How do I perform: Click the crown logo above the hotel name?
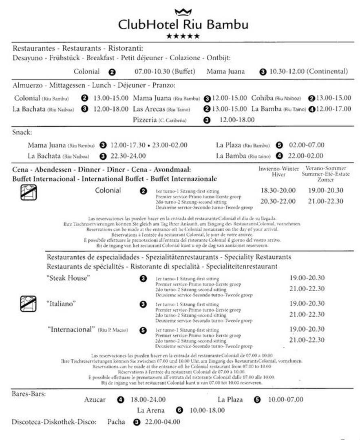(183, 11)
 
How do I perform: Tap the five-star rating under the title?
(183, 36)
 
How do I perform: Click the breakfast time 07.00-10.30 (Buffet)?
(165, 71)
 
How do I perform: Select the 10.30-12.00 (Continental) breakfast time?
(309, 71)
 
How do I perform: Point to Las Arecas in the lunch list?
(149, 109)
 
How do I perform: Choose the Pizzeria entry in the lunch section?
(145, 120)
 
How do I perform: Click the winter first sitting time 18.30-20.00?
(278, 190)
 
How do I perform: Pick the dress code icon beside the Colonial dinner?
(28, 192)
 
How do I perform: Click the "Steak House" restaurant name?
(68, 278)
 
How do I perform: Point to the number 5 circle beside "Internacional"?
(143, 330)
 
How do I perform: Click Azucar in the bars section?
(95, 400)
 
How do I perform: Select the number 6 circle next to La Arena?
(179, 410)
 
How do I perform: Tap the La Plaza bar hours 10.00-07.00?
(285, 400)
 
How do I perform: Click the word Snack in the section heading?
(22, 132)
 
